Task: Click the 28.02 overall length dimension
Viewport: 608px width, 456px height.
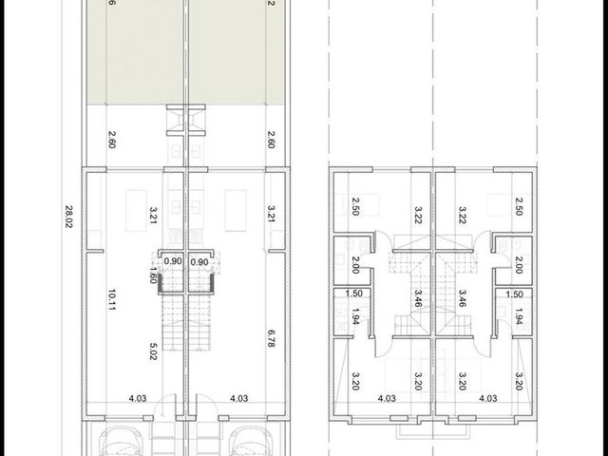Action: click(68, 217)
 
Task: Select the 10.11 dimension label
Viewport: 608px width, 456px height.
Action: click(112, 299)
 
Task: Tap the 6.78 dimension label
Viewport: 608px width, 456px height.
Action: click(272, 338)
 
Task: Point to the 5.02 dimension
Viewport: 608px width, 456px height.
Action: click(153, 351)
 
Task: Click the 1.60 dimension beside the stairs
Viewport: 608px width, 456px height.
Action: click(153, 275)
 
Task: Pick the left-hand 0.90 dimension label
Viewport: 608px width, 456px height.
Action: click(173, 261)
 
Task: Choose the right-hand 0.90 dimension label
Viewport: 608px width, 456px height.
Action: click(199, 262)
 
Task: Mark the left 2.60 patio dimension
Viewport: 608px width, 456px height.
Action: click(112, 140)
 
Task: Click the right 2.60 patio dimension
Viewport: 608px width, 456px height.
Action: click(272, 140)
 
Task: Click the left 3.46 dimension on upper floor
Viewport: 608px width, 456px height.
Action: click(418, 298)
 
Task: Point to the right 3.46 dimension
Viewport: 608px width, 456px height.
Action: click(462, 298)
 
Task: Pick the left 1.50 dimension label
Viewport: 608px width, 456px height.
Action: click(353, 294)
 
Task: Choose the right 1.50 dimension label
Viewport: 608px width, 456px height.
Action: click(514, 294)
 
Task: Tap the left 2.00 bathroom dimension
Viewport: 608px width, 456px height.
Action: click(355, 265)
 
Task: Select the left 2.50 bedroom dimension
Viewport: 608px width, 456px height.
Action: click(355, 206)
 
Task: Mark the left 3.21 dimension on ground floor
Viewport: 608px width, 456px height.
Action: click(153, 215)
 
